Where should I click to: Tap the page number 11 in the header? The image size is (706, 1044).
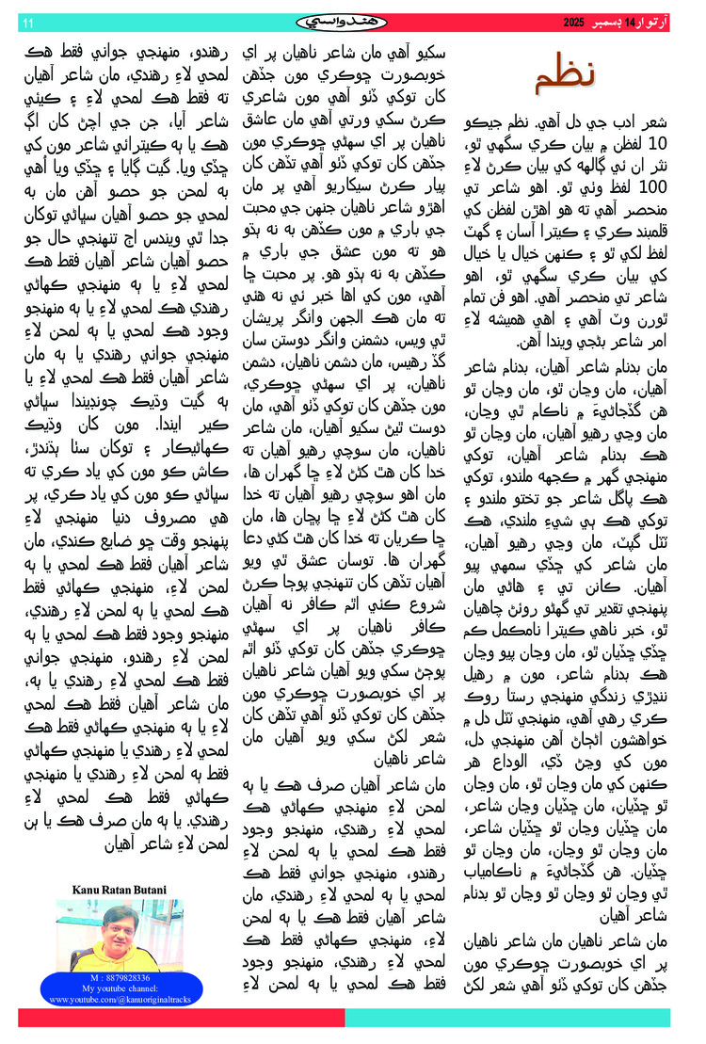click(x=26, y=22)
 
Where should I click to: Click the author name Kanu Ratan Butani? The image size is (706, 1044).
click(x=118, y=889)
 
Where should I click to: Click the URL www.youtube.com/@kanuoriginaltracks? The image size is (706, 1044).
click(x=119, y=999)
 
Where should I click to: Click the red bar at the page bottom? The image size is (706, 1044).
click(x=180, y=1018)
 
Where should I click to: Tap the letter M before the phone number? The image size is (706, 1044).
click(x=93, y=979)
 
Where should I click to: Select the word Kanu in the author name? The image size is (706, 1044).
click(x=86, y=889)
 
